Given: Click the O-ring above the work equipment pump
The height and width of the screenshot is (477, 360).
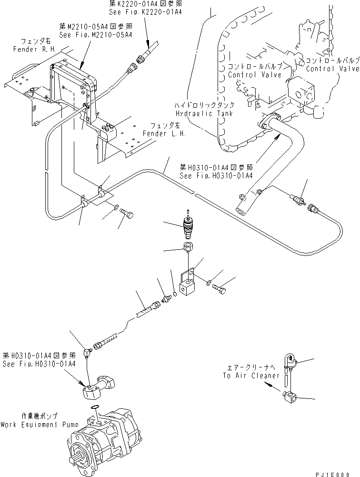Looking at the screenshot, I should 96,406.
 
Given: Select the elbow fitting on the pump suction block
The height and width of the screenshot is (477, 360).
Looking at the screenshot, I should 86,352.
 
